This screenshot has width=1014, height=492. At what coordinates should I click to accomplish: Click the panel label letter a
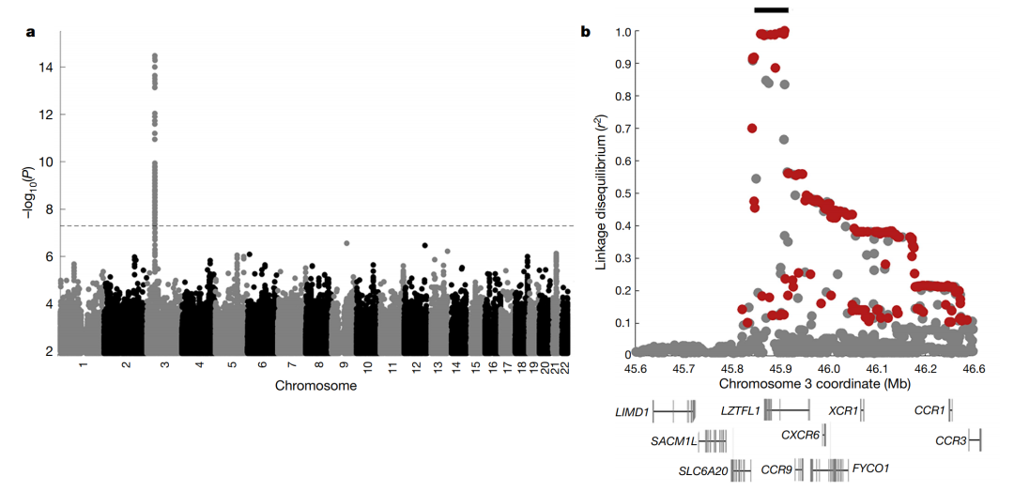[30, 32]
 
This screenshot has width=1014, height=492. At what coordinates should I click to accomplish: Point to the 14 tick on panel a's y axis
[46, 67]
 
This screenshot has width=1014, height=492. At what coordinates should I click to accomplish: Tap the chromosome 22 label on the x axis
[564, 363]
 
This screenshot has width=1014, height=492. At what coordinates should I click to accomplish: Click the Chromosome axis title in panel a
[315, 385]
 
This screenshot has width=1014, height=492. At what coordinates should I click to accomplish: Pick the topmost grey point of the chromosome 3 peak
[154, 56]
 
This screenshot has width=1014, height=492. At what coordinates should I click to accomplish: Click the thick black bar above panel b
[771, 9]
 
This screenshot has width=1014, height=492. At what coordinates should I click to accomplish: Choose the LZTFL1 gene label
[739, 410]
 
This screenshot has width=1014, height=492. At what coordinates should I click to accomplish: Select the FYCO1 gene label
[870, 468]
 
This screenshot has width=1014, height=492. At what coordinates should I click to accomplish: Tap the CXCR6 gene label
[800, 434]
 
